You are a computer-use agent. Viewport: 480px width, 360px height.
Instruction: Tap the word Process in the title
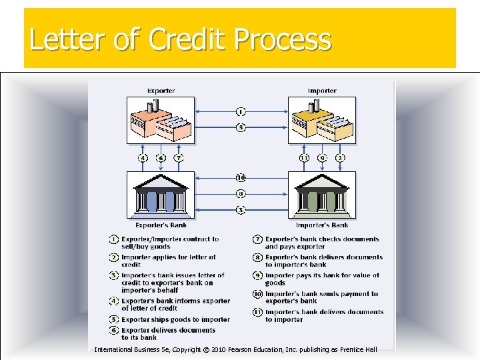(x=282, y=40)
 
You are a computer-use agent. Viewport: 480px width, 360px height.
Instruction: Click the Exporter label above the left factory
(x=161, y=91)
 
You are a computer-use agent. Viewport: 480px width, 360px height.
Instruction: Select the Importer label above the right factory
(x=322, y=91)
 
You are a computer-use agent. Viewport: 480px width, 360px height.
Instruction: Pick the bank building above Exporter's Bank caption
(x=161, y=194)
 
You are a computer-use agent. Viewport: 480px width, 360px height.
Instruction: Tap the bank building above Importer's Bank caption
(x=322, y=194)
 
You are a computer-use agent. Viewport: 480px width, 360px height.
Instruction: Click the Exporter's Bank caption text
(x=161, y=225)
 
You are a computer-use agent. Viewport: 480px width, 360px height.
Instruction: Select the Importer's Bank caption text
(x=322, y=225)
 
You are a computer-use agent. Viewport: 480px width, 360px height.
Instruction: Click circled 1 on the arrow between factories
(x=241, y=111)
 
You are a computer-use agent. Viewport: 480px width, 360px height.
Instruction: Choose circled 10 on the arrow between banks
(x=241, y=178)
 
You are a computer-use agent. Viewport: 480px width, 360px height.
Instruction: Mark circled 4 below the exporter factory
(x=143, y=158)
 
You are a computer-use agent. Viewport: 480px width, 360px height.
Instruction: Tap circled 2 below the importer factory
(x=341, y=158)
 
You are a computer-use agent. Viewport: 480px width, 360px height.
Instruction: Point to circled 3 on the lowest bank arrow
(x=241, y=210)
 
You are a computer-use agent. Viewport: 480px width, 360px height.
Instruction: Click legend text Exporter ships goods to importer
(x=175, y=320)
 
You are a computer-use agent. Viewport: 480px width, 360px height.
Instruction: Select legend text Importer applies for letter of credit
(x=169, y=261)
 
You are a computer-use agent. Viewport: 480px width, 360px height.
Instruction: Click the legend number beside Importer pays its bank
(x=257, y=276)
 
